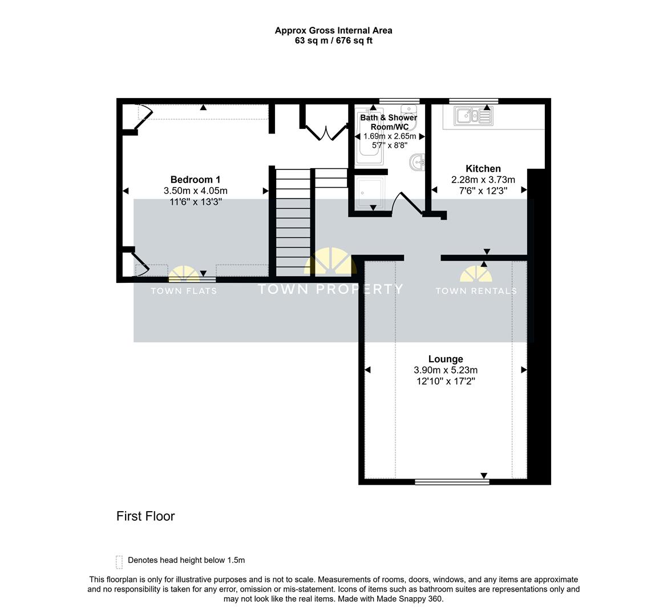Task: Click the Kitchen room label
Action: click(483, 168)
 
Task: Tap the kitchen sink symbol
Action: click(474, 116)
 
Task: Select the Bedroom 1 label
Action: click(195, 180)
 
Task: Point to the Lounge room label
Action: click(446, 359)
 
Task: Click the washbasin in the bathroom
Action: click(417, 162)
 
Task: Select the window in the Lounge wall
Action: click(452, 481)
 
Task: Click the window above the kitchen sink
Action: click(474, 101)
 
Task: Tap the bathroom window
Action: click(399, 101)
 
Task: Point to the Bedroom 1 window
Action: click(192, 279)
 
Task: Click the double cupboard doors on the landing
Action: click(326, 132)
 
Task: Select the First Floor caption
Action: click(145, 516)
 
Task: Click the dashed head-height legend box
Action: click(119, 562)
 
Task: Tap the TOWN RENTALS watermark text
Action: click(476, 291)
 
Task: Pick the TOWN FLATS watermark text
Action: click(184, 291)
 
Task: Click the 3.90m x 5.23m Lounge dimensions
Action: click(446, 370)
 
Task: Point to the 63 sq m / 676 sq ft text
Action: click(333, 41)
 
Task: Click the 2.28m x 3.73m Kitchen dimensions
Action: click(483, 180)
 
